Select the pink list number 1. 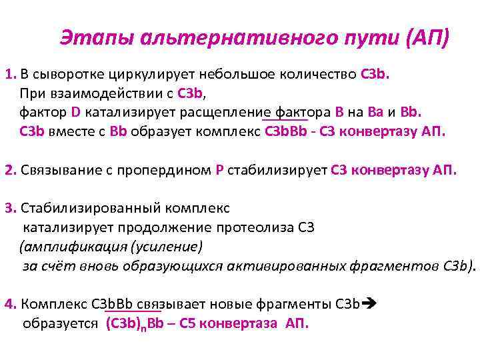[x=9, y=73]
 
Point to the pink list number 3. [x=9, y=209]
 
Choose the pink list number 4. [x=9, y=305]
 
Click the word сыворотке [x=71, y=73]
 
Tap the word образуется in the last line [x=61, y=324]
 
